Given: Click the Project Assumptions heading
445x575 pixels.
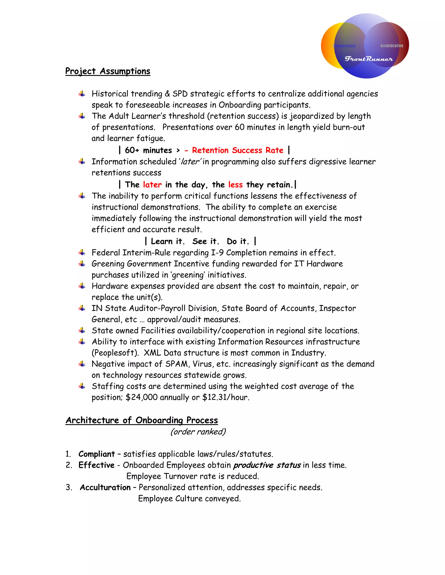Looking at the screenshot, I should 108,71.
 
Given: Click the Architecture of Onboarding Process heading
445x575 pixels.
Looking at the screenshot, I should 142,420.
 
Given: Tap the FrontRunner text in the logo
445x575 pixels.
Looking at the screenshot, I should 369,59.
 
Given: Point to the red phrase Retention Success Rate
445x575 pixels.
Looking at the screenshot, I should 237,150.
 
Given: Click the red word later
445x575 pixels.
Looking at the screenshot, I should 152,185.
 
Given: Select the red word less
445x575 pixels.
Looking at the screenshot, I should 235,185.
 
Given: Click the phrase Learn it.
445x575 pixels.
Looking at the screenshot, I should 167,241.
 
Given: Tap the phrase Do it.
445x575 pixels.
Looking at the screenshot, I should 237,241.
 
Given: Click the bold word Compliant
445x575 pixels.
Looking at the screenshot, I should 96,454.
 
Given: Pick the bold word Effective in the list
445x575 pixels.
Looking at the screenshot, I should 96,465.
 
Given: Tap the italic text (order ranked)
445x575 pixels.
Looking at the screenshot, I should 198,432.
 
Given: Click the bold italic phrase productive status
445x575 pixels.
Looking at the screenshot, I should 267,465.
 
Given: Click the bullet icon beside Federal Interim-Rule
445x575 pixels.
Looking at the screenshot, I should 82,253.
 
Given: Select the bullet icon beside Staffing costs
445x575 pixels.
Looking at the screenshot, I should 82,386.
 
